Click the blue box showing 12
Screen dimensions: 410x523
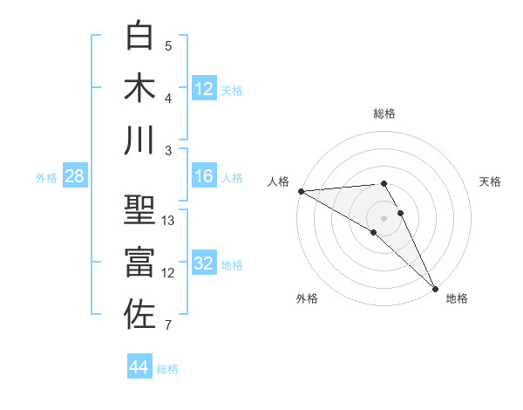[204, 88]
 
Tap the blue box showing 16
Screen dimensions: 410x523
[204, 177]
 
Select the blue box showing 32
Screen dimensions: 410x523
[204, 264]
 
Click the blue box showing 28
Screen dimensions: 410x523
[75, 177]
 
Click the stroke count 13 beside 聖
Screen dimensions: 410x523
[168, 221]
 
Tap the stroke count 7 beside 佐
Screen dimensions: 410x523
[168, 326]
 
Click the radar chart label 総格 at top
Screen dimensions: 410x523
[384, 113]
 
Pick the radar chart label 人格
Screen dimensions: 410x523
[279, 181]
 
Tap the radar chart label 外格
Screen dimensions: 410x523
[307, 298]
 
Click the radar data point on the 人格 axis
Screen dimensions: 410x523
[301, 191]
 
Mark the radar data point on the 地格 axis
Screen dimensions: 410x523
[434, 288]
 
